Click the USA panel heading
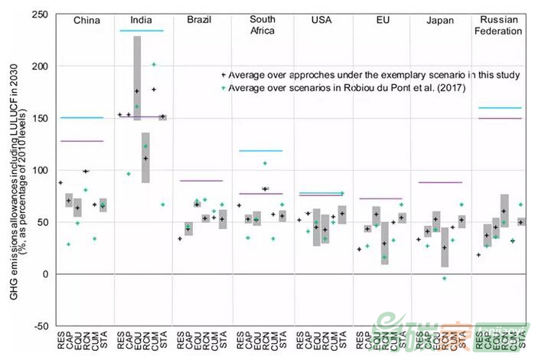(322, 21)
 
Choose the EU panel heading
(381, 21)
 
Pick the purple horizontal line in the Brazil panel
(201, 181)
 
